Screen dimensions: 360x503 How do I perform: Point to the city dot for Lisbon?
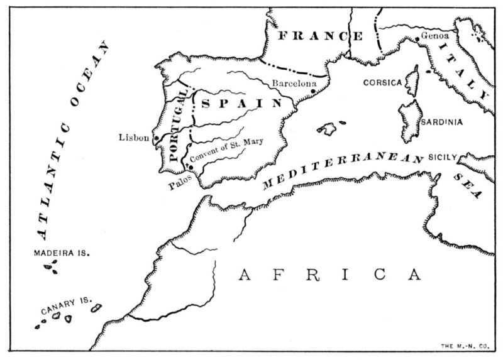point(156,137)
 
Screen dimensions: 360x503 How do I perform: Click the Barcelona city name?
point(294,82)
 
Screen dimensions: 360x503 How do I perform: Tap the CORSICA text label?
point(382,82)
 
